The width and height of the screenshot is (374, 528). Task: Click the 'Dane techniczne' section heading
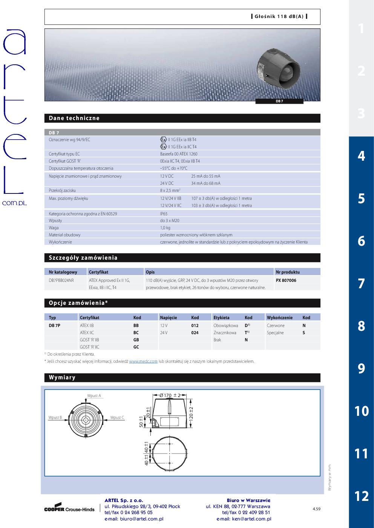tap(74, 118)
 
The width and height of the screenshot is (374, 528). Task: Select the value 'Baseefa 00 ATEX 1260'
tap(179, 154)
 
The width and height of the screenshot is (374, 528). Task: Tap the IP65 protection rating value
tap(164, 213)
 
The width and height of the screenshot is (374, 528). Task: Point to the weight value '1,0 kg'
tap(165, 228)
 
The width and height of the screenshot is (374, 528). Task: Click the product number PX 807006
tap(286, 280)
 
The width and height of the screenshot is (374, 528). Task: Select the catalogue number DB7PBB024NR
tap(61, 280)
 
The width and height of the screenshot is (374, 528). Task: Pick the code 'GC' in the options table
tap(136, 347)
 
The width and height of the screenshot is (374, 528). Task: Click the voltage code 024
tap(195, 333)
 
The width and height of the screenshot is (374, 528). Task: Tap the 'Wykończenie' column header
tap(279, 318)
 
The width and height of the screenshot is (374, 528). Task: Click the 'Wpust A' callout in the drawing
tap(94, 396)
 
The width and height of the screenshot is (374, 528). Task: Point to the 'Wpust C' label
tap(117, 417)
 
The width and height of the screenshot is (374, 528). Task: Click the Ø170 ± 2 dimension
tap(170, 395)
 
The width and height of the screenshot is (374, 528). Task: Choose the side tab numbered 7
tap(361, 283)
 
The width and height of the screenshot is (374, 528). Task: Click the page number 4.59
tap(316, 509)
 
